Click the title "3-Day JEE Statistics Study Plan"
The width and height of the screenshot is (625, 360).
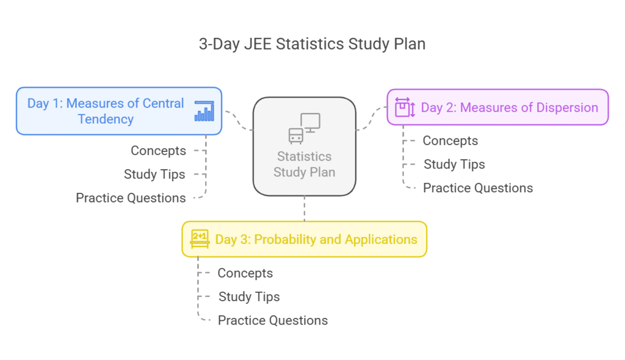pos(312,44)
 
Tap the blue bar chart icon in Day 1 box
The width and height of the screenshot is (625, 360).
pos(204,111)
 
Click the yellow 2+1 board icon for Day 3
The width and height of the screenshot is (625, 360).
pos(200,239)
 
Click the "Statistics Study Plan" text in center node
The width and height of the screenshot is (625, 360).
pos(304,164)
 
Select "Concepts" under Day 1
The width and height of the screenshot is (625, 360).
pos(158,151)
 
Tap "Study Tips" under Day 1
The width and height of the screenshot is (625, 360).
pos(154,175)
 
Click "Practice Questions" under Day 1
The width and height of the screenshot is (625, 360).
pos(131,198)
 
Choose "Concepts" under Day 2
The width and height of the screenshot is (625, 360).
pos(450,141)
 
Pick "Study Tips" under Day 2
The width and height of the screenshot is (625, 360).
pos(454,164)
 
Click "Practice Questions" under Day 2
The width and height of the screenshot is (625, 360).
pos(478,188)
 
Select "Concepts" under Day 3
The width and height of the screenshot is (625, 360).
pos(245,273)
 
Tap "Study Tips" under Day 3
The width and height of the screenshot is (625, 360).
pos(249,297)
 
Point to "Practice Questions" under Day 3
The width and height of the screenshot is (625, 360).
pos(273,320)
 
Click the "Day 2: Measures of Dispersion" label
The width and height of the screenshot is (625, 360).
pos(510,107)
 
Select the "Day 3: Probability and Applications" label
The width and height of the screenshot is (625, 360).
pos(316,239)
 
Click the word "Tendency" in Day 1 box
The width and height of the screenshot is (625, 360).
pos(106,119)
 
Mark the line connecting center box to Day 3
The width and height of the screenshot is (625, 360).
pos(304,209)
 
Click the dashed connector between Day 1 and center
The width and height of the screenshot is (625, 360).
pos(238,121)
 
